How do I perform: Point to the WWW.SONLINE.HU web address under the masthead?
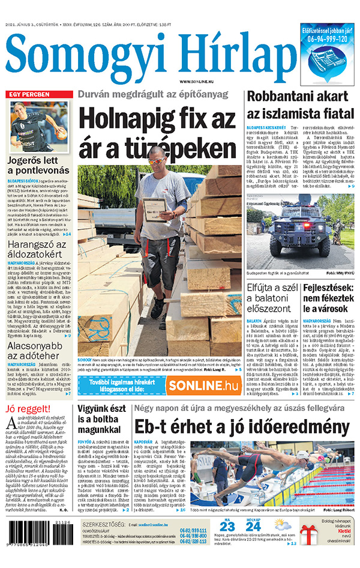197,81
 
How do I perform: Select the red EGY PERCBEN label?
28,94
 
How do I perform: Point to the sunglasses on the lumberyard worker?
157,161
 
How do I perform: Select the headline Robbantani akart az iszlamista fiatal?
298,104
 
